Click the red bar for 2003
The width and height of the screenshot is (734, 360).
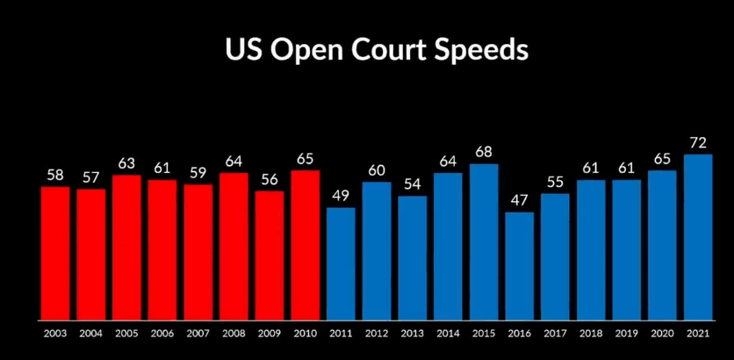[55, 253]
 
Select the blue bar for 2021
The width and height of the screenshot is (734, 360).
[698, 237]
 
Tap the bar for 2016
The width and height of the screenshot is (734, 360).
[519, 265]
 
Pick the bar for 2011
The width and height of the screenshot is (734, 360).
[341, 263]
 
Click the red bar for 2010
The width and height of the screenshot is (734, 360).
[305, 245]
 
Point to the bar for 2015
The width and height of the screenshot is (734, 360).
[484, 241]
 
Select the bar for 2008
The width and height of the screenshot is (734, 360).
[234, 246]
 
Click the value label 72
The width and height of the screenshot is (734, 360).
[698, 142]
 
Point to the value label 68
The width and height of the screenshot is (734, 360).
[484, 152]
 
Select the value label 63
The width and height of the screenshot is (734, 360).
[126, 163]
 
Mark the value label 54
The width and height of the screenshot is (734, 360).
[412, 184]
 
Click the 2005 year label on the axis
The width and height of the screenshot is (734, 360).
[126, 334]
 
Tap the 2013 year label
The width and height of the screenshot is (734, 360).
[412, 334]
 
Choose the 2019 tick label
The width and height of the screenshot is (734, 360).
[627, 334]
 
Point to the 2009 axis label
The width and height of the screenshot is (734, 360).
[270, 334]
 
